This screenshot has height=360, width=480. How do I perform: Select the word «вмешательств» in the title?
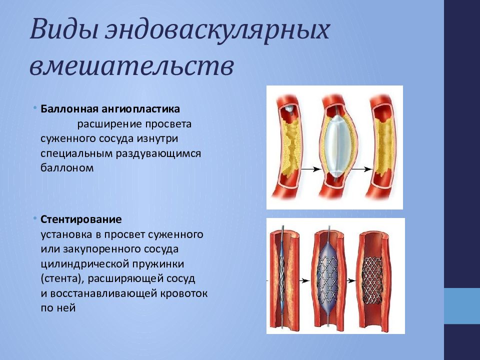click(132, 66)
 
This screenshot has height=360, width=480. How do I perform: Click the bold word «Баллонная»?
click(69, 108)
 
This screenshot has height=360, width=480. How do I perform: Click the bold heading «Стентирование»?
click(81, 219)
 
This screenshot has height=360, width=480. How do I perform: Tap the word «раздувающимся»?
click(158, 153)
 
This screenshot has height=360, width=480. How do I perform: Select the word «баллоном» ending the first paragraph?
click(67, 167)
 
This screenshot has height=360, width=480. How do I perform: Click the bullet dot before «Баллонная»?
click(35, 108)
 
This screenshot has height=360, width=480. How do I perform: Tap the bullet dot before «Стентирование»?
click(35, 218)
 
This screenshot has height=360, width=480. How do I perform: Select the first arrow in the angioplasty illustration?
click(310, 169)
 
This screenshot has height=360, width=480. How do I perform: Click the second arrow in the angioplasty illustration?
click(361, 169)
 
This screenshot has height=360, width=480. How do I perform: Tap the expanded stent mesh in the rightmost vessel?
click(372, 280)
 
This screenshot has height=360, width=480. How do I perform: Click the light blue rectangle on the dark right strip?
click(462, 306)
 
